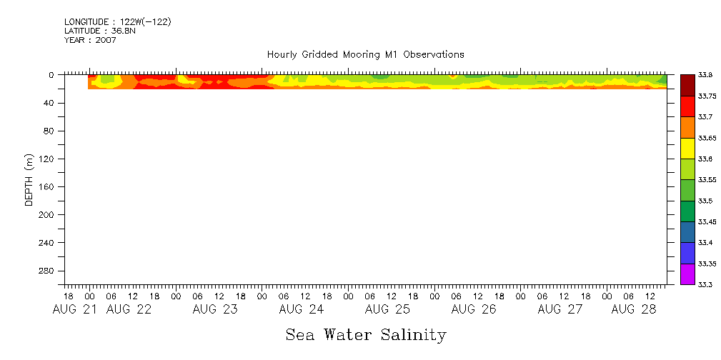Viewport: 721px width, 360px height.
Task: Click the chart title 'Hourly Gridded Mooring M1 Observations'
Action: point(365,54)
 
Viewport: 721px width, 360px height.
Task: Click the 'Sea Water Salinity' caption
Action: point(366,334)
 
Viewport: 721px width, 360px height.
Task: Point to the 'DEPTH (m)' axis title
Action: point(29,179)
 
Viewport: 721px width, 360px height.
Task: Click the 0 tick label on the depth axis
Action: point(51,74)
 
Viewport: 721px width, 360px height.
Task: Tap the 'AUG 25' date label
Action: point(387,309)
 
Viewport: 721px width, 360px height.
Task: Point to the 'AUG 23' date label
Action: point(215,309)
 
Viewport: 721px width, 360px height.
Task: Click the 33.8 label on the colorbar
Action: point(704,74)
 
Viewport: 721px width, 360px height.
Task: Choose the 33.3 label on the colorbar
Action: point(704,284)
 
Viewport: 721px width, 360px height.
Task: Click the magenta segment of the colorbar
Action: point(687,274)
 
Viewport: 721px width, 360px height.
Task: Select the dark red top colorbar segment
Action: point(687,85)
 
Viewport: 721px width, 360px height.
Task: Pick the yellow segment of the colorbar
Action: point(687,148)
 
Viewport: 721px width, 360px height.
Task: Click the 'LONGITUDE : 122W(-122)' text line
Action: point(117,22)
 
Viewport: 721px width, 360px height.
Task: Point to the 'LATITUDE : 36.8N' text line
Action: point(100,31)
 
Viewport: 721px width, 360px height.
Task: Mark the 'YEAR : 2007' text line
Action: point(90,40)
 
